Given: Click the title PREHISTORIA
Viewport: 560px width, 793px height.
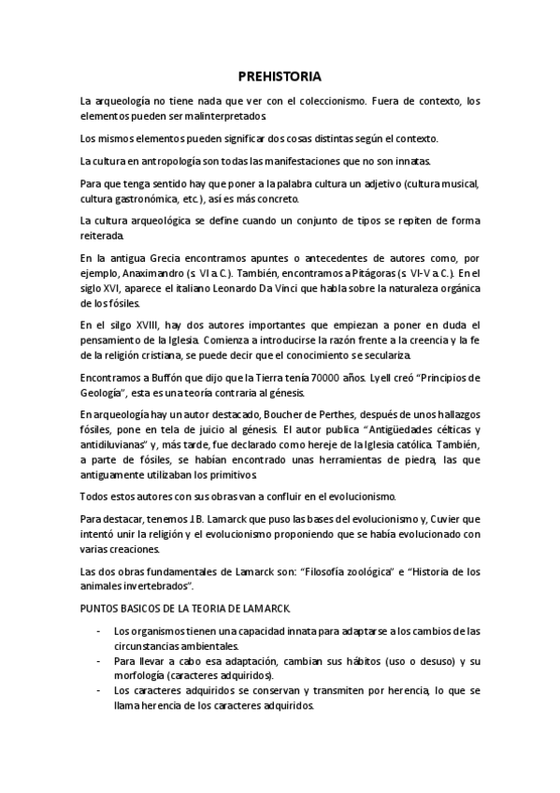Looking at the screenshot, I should click(x=280, y=77).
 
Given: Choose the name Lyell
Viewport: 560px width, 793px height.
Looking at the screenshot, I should click(x=373, y=378).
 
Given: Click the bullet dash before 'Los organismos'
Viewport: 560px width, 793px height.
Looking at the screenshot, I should click(x=100, y=632).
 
